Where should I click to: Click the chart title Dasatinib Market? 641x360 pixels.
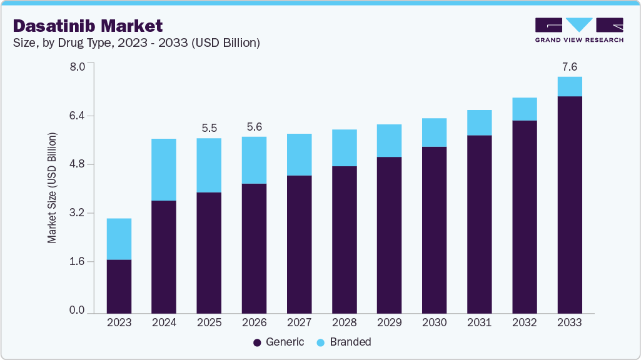click(88, 26)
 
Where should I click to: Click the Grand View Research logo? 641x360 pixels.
click(579, 30)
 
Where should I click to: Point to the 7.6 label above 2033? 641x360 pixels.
click(570, 66)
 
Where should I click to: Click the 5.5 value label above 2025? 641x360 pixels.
click(209, 127)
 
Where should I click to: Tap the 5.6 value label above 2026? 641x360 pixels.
click(254, 126)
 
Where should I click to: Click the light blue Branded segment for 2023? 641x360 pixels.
click(119, 239)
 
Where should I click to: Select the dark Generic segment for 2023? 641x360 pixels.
click(119, 286)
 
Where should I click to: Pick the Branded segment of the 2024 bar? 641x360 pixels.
click(164, 169)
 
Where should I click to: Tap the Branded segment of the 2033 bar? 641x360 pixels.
click(570, 86)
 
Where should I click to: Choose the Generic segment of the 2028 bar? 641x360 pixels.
click(344, 239)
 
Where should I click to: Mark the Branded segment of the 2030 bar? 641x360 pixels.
click(434, 132)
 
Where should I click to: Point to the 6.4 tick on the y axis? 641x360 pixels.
click(82, 116)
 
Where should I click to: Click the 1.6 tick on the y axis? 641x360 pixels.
click(82, 261)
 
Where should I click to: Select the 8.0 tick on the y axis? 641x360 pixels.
click(82, 67)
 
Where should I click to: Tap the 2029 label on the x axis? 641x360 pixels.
click(389, 323)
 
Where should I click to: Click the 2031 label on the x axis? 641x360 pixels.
click(479, 323)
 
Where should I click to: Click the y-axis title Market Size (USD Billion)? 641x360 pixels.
click(53, 187)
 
